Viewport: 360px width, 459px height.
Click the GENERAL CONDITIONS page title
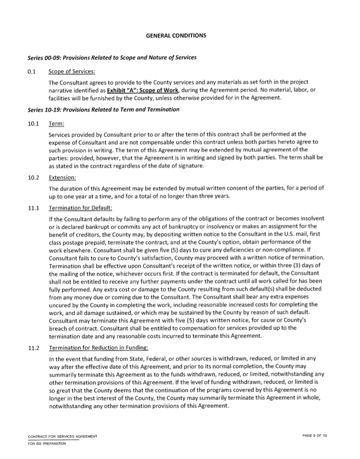176,36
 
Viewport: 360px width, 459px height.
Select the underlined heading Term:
56,124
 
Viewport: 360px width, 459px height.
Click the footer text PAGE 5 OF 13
315,436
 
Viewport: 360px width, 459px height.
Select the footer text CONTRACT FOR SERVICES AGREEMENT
63,436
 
